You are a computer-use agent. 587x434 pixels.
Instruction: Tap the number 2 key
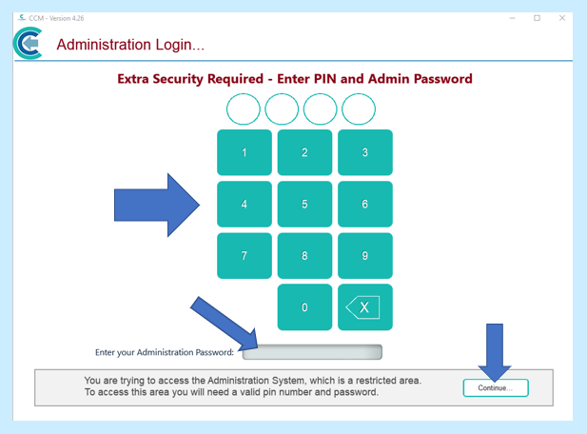304,152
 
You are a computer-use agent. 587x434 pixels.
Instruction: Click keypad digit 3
365,152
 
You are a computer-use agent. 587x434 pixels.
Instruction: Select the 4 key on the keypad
245,204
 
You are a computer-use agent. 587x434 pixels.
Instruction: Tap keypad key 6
365,204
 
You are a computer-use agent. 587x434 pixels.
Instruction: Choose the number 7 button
245,256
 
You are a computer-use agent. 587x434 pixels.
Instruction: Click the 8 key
304,256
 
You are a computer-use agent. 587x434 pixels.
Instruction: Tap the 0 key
304,307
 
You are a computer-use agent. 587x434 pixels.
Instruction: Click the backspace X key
365,307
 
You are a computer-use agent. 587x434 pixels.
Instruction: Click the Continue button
496,388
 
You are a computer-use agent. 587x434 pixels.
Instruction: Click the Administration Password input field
312,352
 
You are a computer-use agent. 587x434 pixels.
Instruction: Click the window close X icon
562,18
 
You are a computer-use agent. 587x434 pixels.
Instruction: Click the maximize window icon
537,18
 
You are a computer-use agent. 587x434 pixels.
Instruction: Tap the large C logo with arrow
29,43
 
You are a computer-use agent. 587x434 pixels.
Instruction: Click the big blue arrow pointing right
157,206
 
